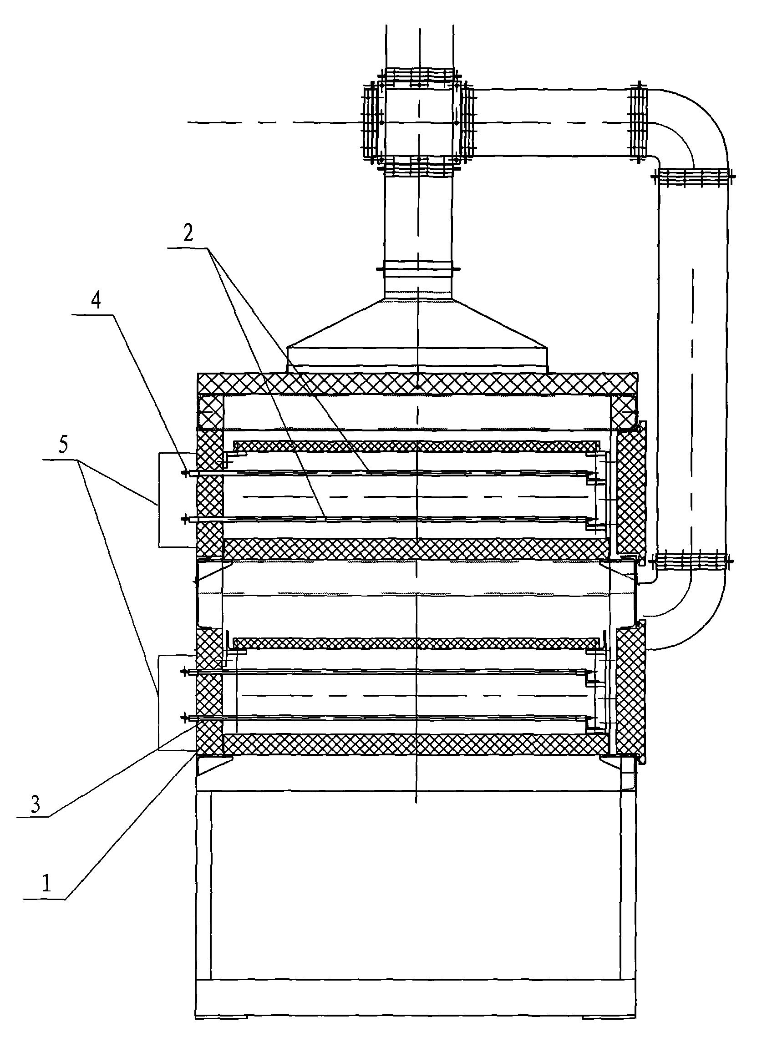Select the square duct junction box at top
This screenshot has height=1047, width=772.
tap(419, 122)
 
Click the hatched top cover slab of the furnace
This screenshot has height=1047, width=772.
tap(417, 384)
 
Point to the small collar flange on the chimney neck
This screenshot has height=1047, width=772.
tap(418, 268)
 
